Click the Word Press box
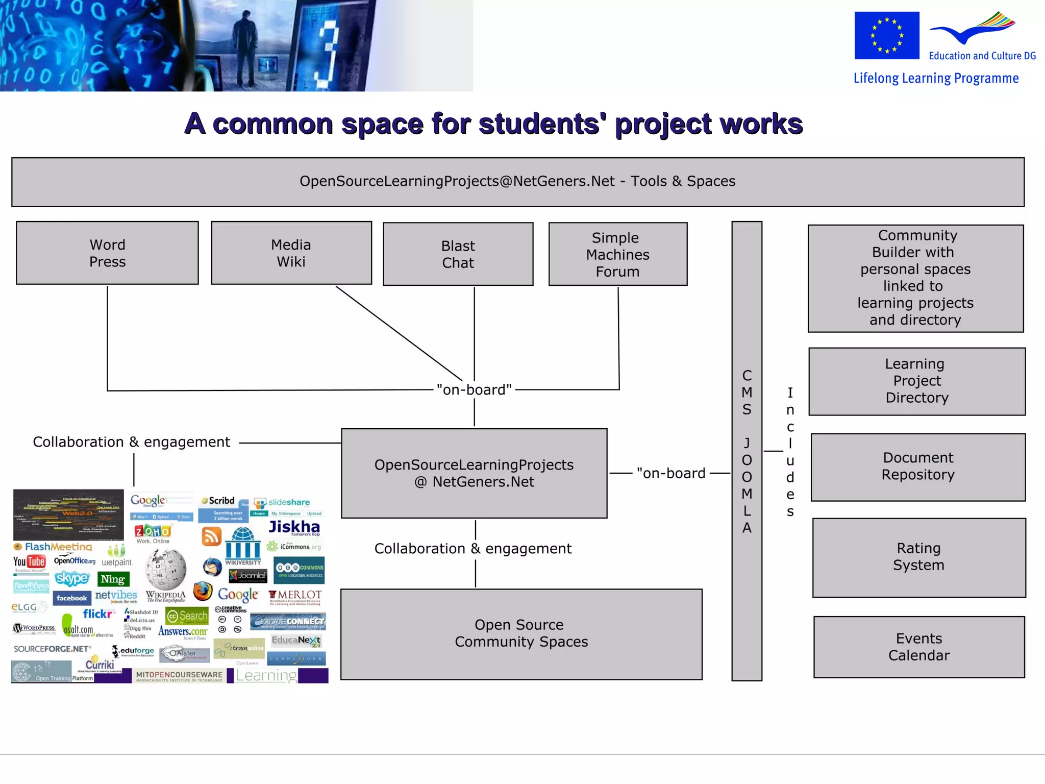point(107,253)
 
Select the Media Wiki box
point(291,253)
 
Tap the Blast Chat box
point(458,254)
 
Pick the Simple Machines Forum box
point(617,254)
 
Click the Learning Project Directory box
point(916,381)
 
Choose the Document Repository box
point(917,467)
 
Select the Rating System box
point(918,557)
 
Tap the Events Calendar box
point(918,647)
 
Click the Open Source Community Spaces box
point(521,633)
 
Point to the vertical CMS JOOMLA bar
point(747,451)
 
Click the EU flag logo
point(887,36)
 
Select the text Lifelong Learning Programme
point(936,78)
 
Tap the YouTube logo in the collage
point(30,562)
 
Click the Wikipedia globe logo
point(166,570)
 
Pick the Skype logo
point(72,578)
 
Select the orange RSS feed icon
point(211,536)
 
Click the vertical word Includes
point(790,451)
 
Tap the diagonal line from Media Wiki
point(399,333)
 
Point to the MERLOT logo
point(295,596)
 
